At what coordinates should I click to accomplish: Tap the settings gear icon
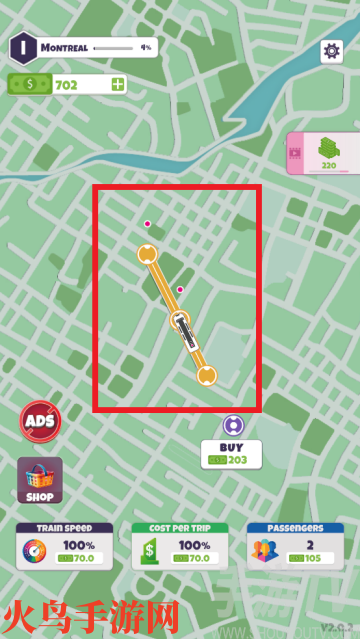pos(331,51)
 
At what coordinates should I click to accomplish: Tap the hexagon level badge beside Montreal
pos(22,47)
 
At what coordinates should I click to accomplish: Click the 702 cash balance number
pos(66,85)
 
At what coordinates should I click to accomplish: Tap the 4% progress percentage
pos(145,47)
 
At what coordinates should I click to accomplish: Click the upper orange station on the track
pos(147,253)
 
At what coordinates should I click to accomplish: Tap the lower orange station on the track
pos(206,376)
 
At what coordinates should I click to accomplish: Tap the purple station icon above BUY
pos(232,425)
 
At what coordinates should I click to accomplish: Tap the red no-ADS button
pos(40,421)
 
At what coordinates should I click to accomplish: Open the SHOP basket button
pos(40,480)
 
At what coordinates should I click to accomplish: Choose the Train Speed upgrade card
pos(66,546)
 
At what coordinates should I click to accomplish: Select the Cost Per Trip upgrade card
pos(180,546)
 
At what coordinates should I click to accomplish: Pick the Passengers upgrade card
pos(294,546)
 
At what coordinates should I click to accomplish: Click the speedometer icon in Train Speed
pos(35,552)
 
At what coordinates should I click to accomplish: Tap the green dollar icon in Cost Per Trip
pos(150,552)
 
